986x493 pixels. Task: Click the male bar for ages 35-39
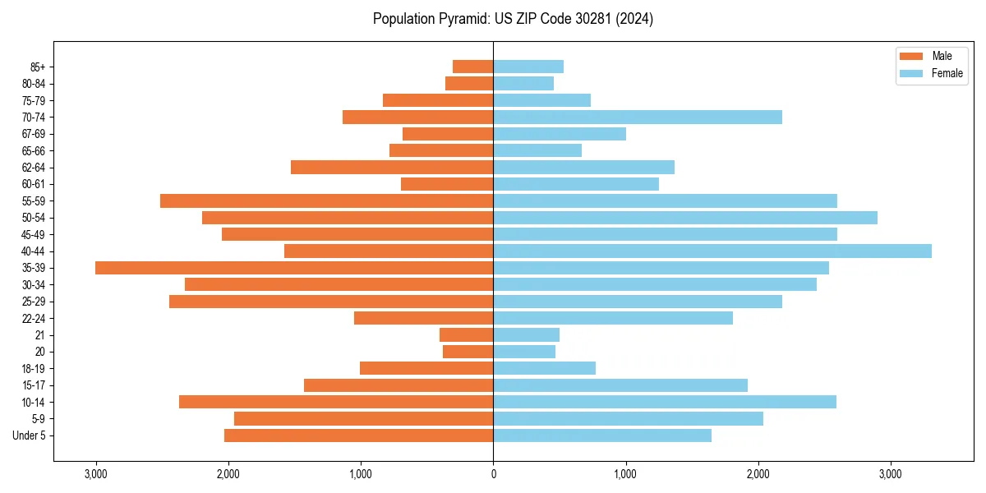(x=294, y=268)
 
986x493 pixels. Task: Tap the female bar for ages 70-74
(x=638, y=117)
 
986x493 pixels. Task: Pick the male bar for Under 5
(x=358, y=435)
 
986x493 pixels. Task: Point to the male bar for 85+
(x=472, y=67)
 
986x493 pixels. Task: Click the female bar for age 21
(x=526, y=334)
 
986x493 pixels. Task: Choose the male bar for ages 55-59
(x=326, y=200)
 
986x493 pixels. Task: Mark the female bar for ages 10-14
(x=665, y=402)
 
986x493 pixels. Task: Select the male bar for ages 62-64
(x=392, y=167)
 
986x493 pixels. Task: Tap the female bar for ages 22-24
(x=613, y=318)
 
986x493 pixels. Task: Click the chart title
(x=513, y=19)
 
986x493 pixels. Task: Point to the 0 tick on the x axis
(x=493, y=474)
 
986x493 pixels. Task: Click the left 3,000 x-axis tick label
(x=95, y=474)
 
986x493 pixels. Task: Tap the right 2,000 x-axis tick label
(x=758, y=474)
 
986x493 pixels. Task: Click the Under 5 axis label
(x=30, y=435)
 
